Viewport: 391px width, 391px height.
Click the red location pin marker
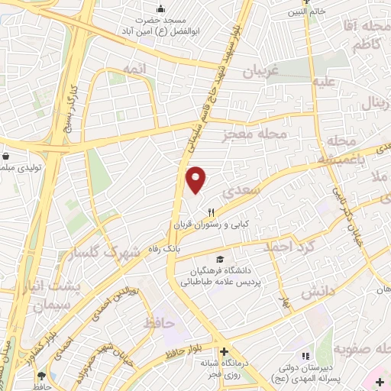click(197, 179)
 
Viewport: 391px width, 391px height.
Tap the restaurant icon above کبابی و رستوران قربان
click(212, 212)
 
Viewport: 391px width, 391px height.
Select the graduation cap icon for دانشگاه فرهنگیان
click(221, 260)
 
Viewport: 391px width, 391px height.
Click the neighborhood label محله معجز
click(254, 134)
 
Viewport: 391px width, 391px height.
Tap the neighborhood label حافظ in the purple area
click(160, 324)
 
